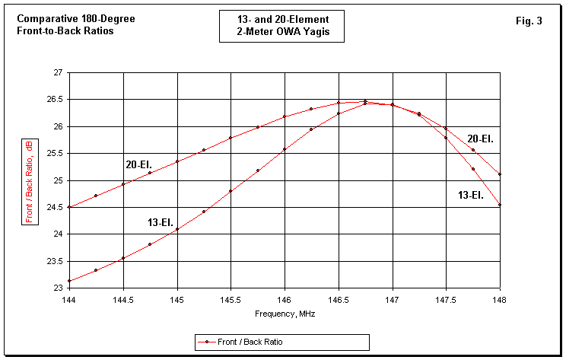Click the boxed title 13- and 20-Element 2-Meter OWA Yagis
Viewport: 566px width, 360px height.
[284, 27]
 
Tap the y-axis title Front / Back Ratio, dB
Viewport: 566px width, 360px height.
[30, 180]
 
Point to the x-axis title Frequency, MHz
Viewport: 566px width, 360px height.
[285, 314]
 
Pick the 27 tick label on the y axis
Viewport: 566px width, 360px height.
[58, 72]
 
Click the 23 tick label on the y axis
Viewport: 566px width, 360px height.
[58, 288]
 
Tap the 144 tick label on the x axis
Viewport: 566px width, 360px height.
[69, 300]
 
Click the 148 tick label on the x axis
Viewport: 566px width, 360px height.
[500, 300]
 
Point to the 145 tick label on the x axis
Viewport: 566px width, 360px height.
[176, 300]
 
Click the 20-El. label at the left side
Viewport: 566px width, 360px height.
[139, 164]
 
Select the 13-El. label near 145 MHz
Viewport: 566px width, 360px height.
[161, 222]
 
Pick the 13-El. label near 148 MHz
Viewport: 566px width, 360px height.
[472, 196]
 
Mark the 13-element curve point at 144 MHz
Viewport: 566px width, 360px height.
[69, 281]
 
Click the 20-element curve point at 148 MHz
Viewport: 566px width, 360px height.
[500, 174]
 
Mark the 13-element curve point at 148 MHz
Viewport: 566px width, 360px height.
[500, 205]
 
